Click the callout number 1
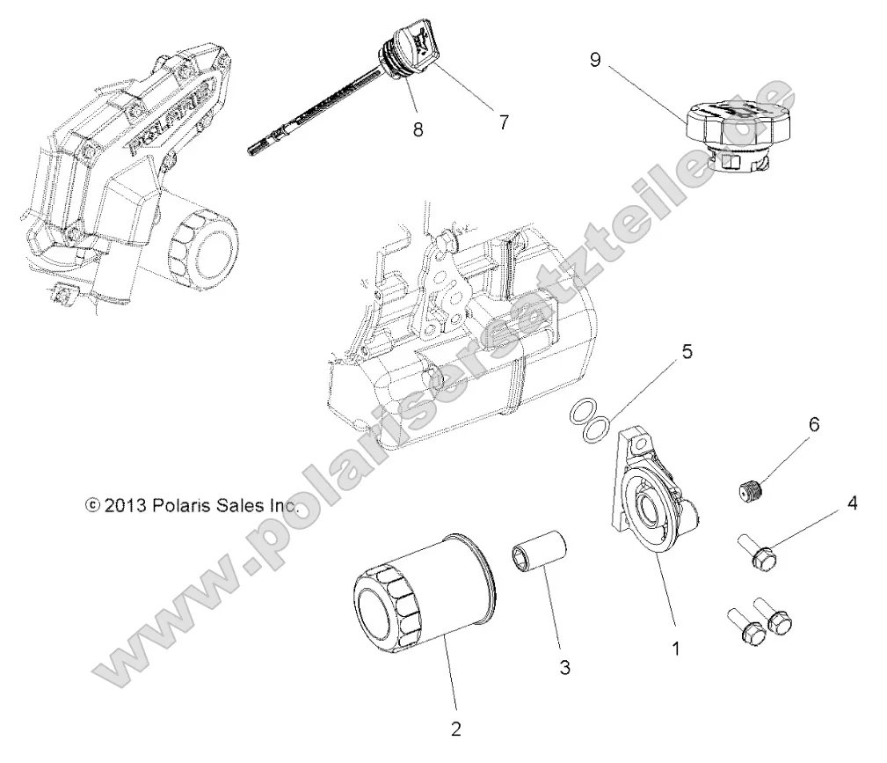[675, 649]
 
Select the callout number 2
[454, 728]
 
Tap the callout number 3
[564, 669]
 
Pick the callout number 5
[710, 352]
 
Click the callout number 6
[813, 424]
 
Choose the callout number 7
[503, 122]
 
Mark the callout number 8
[418, 129]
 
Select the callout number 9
[596, 60]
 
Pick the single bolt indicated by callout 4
[759, 554]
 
